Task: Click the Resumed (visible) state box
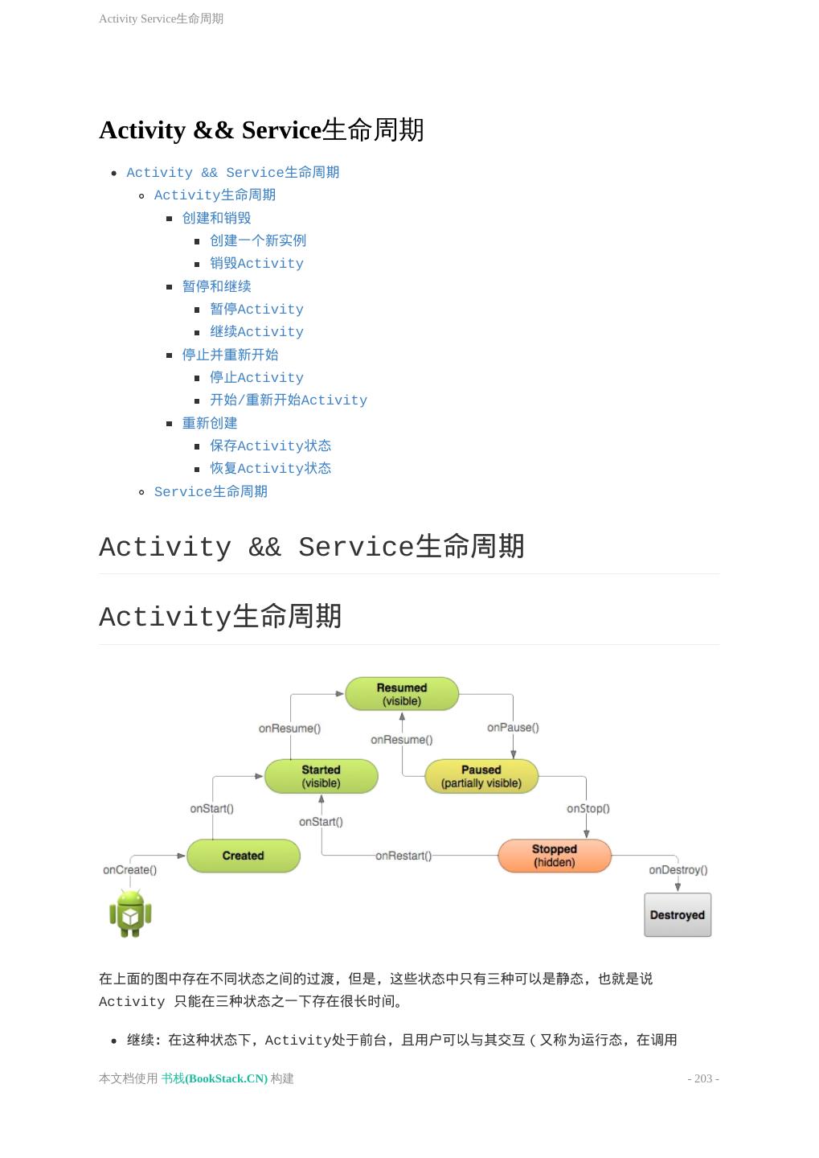(402, 694)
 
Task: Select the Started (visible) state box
(321, 776)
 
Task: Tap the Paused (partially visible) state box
(481, 776)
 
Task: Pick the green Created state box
(243, 856)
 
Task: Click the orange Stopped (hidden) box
(555, 856)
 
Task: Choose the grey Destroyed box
(678, 915)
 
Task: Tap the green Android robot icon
(130, 913)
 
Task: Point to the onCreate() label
(130, 870)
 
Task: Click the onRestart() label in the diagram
(403, 856)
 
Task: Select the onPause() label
(513, 728)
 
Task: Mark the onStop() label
(588, 808)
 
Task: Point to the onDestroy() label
(678, 870)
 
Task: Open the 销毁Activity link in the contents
(256, 264)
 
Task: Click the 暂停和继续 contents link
(216, 286)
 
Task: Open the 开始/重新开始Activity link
(289, 400)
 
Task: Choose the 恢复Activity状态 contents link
(270, 469)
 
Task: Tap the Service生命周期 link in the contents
(211, 491)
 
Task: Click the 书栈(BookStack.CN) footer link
(215, 1078)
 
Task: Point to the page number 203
(703, 1078)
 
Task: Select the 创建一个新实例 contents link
(258, 240)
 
